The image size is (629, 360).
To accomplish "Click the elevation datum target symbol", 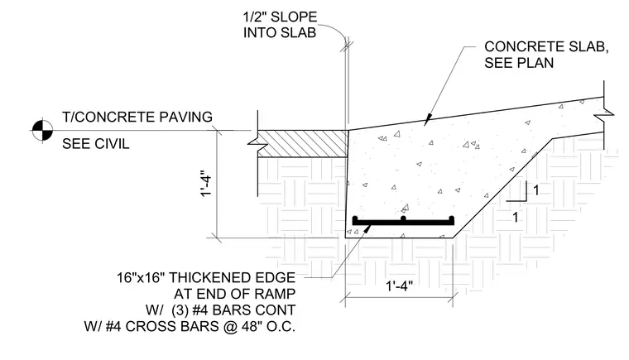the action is (x=42, y=131).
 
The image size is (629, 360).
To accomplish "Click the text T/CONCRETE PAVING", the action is (x=137, y=117).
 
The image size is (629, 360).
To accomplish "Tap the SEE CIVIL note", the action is (x=95, y=144).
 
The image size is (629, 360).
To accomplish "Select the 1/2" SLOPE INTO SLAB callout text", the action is (x=280, y=25).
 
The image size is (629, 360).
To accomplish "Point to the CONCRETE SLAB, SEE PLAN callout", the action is (x=546, y=55).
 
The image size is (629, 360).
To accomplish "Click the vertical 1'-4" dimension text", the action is (x=206, y=185).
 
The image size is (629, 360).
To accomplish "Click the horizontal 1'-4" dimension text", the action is (x=399, y=286).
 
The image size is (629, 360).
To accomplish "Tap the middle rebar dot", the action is (x=403, y=218).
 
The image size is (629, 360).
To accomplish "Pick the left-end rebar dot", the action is (x=355, y=218).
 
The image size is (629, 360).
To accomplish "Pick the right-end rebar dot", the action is (x=451, y=218).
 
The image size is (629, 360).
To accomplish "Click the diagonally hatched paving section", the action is (x=302, y=143).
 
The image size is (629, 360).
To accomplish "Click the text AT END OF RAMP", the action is (x=235, y=294).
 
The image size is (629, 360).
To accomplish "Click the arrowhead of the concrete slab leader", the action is (x=427, y=119).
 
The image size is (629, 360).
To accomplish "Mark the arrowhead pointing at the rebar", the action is (x=367, y=228).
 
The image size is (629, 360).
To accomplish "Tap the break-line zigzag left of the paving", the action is (x=257, y=142).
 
